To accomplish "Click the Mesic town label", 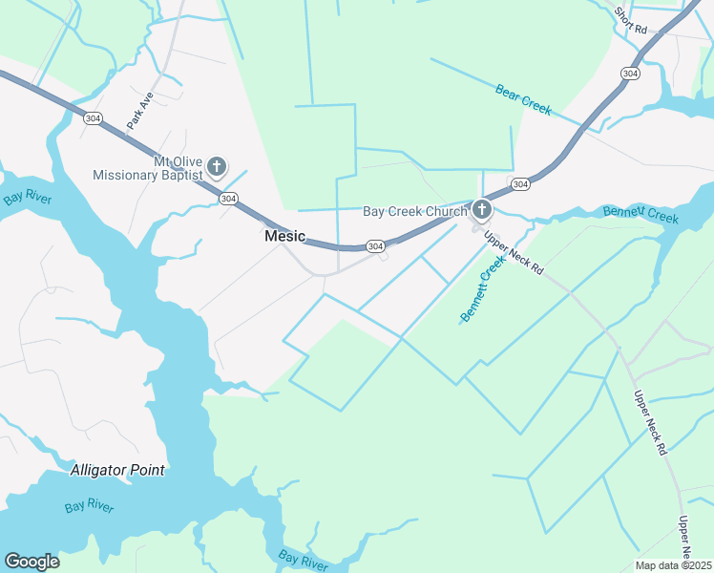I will click(284, 236).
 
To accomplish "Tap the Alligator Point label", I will click(117, 470).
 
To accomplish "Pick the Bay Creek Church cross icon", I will click(482, 209).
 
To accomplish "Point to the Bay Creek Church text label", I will click(414, 211).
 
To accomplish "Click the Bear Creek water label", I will click(523, 100).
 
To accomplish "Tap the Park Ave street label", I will click(139, 108).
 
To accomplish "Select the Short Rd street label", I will click(630, 17).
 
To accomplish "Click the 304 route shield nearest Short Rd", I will click(629, 73).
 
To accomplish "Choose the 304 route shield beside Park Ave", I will click(93, 117).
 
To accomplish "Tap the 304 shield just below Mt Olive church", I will click(227, 198).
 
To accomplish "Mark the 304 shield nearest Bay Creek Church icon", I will click(519, 183).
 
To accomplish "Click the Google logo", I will click(31, 562).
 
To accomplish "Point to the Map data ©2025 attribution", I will click(673, 565).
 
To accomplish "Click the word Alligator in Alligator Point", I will click(100, 470).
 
